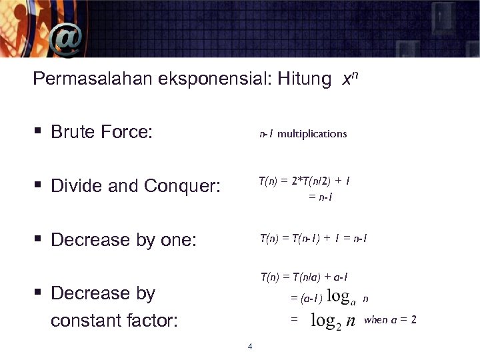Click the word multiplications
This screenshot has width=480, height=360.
tap(312, 134)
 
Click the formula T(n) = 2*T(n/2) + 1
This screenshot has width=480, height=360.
tap(305, 181)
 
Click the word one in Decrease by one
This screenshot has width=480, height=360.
tap(177, 240)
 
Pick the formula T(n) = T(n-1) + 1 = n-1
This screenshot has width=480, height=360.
tap(313, 238)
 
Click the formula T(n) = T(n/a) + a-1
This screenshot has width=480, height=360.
tap(304, 277)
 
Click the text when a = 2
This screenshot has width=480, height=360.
tap(390, 320)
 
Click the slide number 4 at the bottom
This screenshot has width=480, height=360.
tap(249, 346)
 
